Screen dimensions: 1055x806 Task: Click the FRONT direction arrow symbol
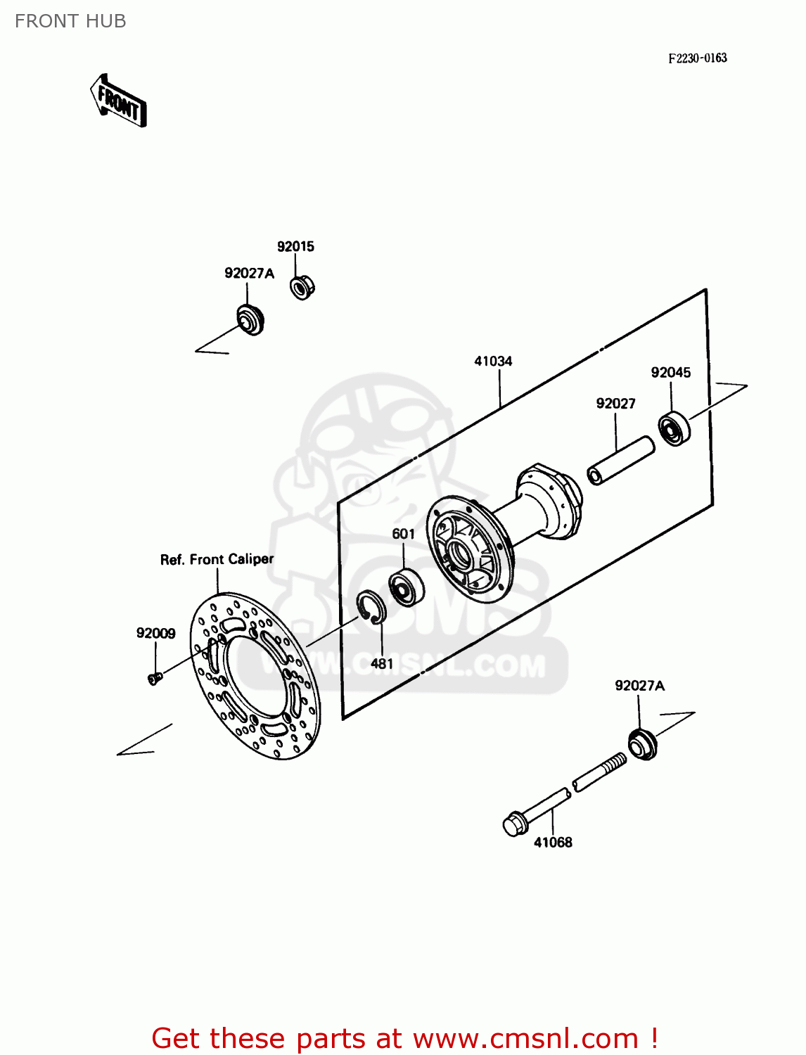click(x=118, y=101)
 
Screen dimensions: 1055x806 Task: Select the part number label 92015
click(x=295, y=246)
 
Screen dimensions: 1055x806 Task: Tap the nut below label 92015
click(x=302, y=286)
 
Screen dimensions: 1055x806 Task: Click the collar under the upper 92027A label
click(x=249, y=319)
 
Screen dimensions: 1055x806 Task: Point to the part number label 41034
click(x=493, y=361)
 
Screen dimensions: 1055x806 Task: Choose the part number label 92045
click(x=670, y=372)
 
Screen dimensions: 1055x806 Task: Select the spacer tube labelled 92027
click(x=621, y=460)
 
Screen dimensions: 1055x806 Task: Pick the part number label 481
click(x=382, y=663)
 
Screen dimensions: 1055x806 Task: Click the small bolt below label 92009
click(x=155, y=678)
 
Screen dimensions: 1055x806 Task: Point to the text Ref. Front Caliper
click(x=217, y=559)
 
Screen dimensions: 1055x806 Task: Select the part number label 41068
click(x=553, y=842)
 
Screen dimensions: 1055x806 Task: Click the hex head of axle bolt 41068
click(x=516, y=824)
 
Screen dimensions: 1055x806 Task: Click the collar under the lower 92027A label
click(x=642, y=744)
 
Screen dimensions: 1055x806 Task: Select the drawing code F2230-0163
click(x=697, y=58)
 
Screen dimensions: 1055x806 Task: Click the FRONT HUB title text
click(x=70, y=21)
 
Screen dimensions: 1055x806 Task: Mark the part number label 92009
click(x=155, y=633)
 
